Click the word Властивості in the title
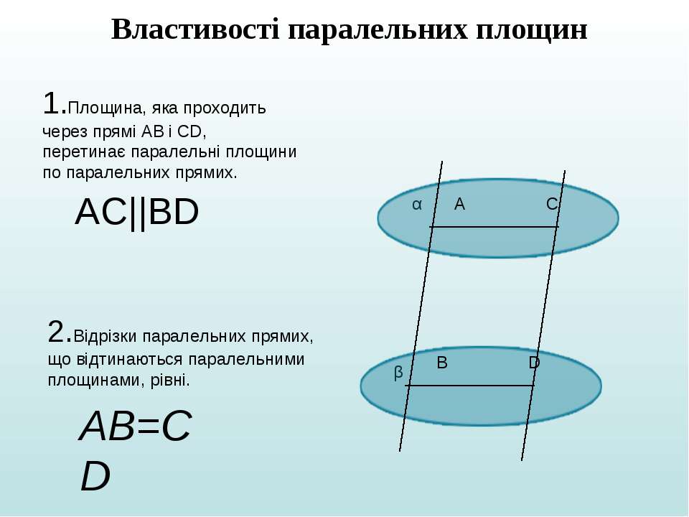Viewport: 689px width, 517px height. tap(195, 30)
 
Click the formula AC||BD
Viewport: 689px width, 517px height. tap(137, 213)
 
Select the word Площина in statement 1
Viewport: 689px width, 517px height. tap(106, 108)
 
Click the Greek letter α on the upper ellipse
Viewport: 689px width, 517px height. tap(417, 205)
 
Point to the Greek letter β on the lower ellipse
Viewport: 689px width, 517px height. tap(398, 373)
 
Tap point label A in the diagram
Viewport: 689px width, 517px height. tap(459, 204)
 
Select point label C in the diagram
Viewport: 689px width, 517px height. tap(552, 204)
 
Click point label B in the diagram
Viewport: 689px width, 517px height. tap(442, 363)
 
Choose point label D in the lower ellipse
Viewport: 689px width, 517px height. tap(534, 363)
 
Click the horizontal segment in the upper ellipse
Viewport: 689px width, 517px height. tap(495, 227)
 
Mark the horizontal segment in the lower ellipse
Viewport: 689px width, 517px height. tap(469, 386)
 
